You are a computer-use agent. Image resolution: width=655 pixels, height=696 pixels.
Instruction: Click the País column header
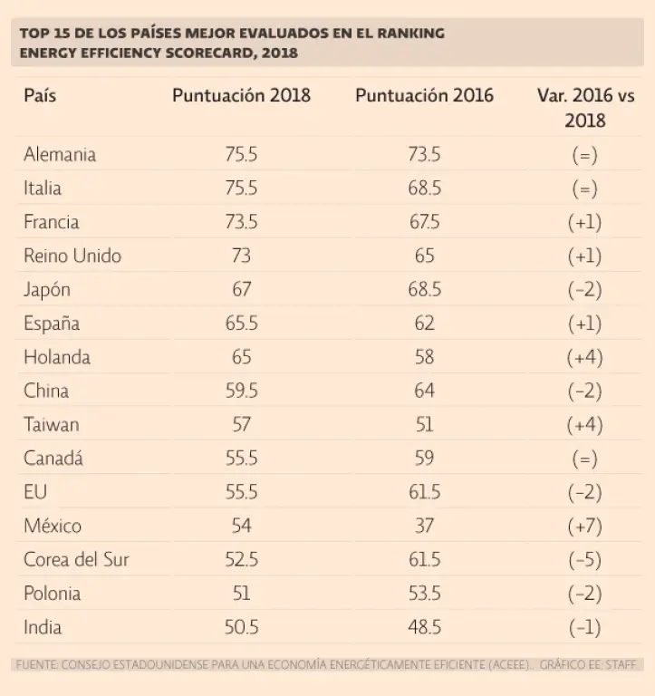pos(40,94)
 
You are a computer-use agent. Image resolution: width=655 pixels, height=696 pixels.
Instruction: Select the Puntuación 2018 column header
pos(241,94)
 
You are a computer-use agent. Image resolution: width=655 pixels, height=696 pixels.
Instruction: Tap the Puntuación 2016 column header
pos(424,94)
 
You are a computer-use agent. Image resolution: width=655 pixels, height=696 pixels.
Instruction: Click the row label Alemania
pos(60,154)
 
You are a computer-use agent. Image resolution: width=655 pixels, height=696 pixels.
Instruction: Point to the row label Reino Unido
pos(72,256)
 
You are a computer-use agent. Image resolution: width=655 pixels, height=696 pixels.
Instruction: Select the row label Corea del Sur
pos(76,559)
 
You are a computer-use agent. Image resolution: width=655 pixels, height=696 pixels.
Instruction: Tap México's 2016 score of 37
pos(424,526)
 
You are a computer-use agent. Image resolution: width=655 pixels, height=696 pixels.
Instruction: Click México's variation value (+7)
pos(584,526)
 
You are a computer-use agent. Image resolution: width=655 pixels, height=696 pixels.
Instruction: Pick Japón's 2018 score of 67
pos(241,290)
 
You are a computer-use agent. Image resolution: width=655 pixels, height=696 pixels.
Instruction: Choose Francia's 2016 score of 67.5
pos(424,222)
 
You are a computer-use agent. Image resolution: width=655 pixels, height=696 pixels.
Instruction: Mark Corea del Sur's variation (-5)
pos(584,559)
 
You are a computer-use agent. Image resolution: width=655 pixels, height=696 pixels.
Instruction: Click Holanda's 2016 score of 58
pos(424,357)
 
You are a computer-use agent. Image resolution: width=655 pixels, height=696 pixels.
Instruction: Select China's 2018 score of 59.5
pos(241,391)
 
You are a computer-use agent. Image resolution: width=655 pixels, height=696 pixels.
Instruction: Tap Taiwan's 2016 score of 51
pos(424,424)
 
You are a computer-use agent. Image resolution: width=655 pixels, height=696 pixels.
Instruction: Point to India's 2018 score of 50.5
pos(241,627)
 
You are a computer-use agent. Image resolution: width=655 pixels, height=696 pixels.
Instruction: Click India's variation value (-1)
pos(584,627)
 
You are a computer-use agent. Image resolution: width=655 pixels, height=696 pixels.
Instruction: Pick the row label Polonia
pos(53,594)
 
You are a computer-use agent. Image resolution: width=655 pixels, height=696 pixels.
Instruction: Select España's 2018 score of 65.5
pos(241,324)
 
